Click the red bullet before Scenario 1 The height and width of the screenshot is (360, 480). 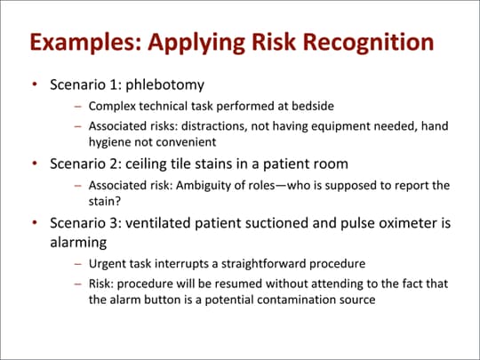click(34, 86)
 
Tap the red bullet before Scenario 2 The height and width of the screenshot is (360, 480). click(34, 164)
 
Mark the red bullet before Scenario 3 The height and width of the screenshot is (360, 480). click(34, 221)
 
